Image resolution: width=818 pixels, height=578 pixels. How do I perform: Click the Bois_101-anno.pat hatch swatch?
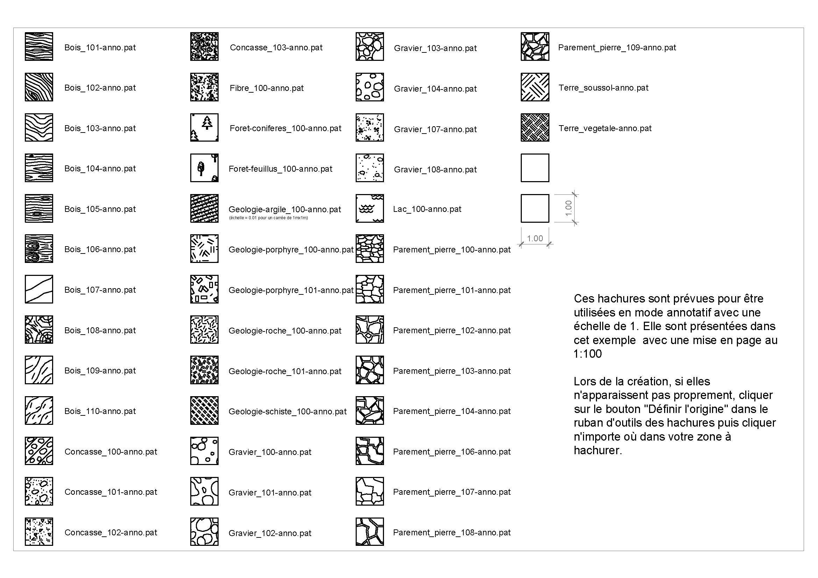click(x=39, y=47)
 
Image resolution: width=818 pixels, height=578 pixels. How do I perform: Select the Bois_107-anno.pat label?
click(x=100, y=290)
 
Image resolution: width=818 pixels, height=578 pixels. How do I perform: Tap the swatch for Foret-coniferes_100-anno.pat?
click(x=204, y=128)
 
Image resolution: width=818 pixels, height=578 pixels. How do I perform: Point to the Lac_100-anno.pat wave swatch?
click(x=369, y=208)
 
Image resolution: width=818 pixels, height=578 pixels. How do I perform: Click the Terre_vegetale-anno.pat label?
click(x=605, y=128)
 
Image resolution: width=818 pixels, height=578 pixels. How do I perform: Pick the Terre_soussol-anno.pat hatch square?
click(x=534, y=87)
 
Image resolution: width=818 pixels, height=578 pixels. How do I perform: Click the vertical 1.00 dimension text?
click(x=569, y=208)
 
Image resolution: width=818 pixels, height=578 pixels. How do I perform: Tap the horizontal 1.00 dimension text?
click(x=535, y=238)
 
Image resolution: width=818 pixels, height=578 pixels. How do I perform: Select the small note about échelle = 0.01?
click(x=268, y=218)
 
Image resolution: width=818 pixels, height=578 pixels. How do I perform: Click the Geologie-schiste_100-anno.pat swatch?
click(x=204, y=411)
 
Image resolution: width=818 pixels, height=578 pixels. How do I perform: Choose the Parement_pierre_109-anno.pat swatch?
click(x=534, y=47)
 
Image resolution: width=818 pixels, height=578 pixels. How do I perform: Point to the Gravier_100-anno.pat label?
click(x=270, y=452)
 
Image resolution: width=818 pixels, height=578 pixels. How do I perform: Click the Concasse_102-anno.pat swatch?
click(x=39, y=532)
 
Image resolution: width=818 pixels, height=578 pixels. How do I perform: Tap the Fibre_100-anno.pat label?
click(x=266, y=88)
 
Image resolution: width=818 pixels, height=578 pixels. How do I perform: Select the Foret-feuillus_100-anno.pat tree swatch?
click(x=204, y=168)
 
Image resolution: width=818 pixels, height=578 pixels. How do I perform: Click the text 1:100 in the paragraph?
click(x=588, y=354)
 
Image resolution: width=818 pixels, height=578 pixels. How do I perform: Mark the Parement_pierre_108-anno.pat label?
click(x=451, y=533)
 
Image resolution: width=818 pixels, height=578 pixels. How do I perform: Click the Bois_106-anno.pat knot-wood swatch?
click(x=39, y=249)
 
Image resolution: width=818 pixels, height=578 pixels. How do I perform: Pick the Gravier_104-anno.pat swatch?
click(x=369, y=87)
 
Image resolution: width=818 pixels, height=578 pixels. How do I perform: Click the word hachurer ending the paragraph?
click(x=597, y=450)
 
